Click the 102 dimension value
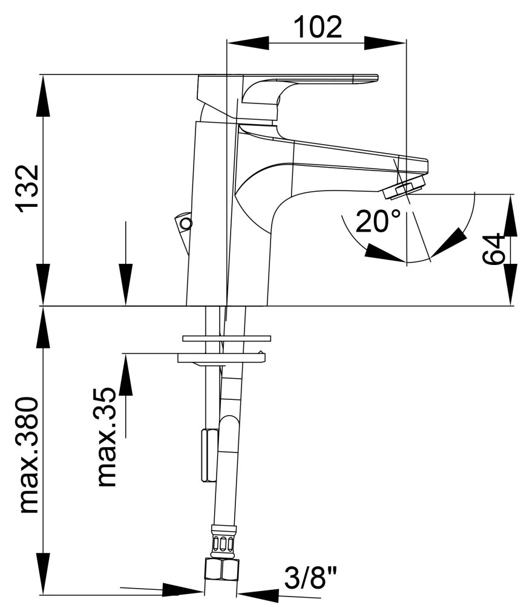click(x=318, y=27)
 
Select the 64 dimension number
click(x=494, y=248)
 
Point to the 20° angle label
click(x=378, y=221)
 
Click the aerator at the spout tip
click(x=404, y=188)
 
